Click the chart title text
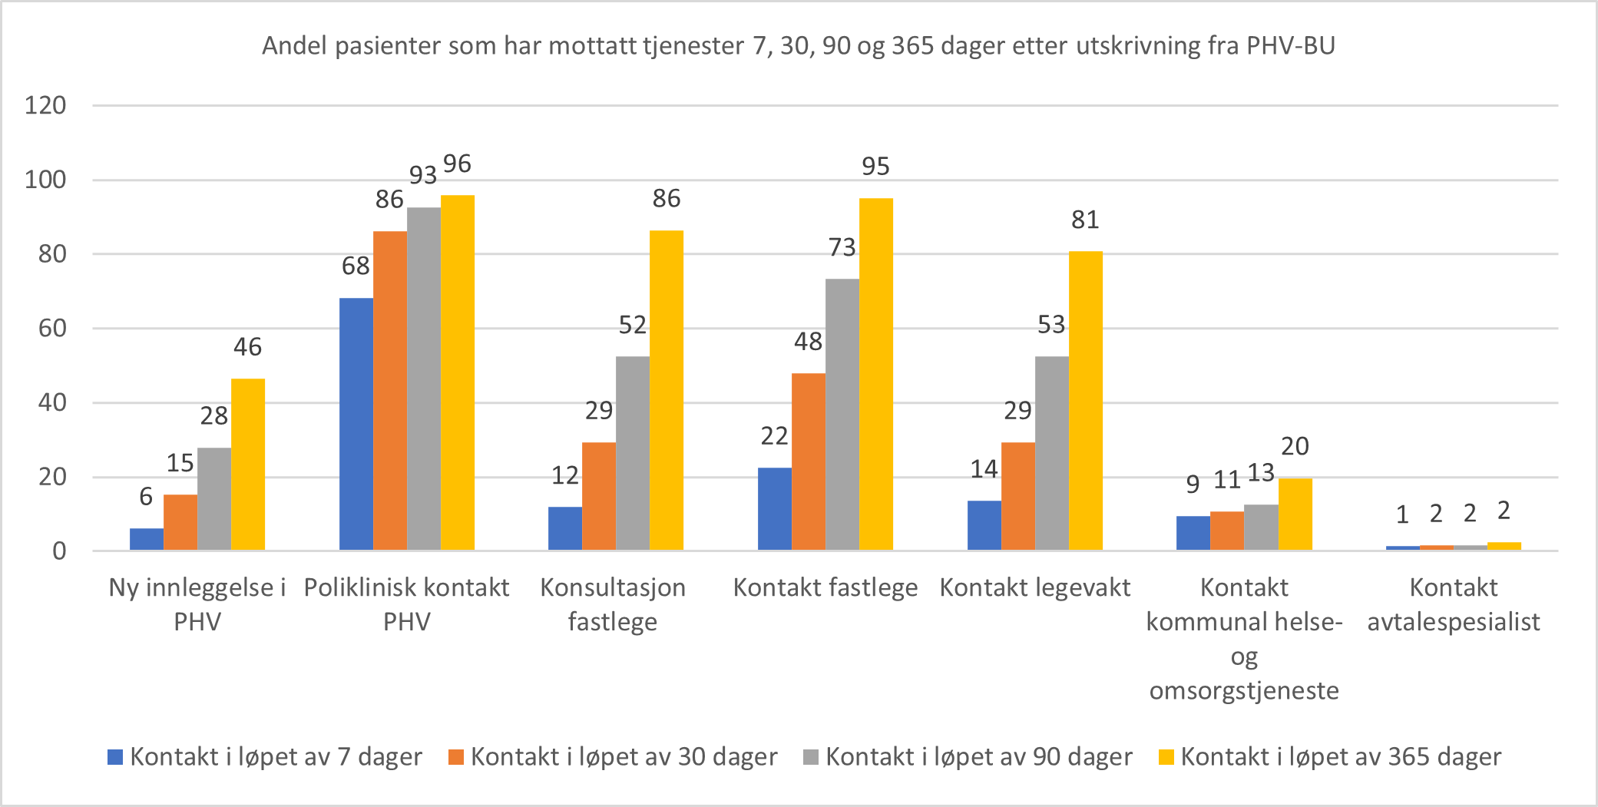(799, 46)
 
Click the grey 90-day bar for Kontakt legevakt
(1051, 453)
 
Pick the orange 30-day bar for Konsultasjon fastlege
(599, 496)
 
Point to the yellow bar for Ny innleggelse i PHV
(248, 464)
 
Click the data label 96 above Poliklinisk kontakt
(458, 164)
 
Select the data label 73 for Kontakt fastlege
(842, 248)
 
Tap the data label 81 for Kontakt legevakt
(1085, 220)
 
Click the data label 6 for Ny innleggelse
(146, 497)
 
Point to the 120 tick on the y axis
(45, 105)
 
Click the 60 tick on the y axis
(52, 329)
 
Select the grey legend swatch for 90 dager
(811, 757)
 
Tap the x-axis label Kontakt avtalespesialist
(1453, 604)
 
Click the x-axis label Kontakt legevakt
(1034, 588)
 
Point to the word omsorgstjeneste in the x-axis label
(1243, 691)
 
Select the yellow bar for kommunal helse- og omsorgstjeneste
(1295, 514)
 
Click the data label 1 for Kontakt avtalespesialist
(1401, 514)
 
